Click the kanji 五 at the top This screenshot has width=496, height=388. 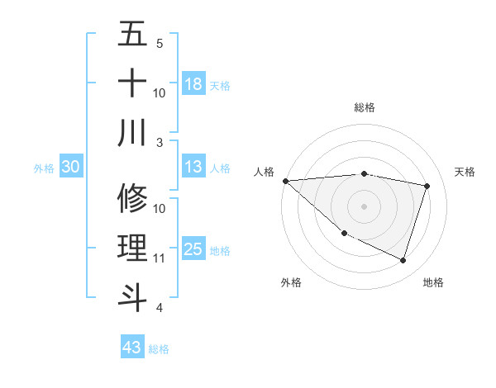point(132,35)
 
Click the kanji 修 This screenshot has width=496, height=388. point(132,198)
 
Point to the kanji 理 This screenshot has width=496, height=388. point(132,248)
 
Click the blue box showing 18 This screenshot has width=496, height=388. point(193,84)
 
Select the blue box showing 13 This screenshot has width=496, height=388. point(193,168)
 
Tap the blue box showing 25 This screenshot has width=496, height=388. point(193,250)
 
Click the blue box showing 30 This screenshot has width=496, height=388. point(70,168)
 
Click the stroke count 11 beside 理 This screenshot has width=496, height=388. point(159,258)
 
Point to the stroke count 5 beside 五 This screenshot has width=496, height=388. point(159,43)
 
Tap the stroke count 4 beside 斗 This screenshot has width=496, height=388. point(159,308)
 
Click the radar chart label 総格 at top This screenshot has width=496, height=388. point(364,107)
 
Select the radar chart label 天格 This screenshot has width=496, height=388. point(465,172)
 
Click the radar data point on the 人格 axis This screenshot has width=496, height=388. point(285,180)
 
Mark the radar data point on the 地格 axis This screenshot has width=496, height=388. point(403,260)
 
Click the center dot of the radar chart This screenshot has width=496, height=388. point(364,206)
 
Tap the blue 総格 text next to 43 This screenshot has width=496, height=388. point(159,349)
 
